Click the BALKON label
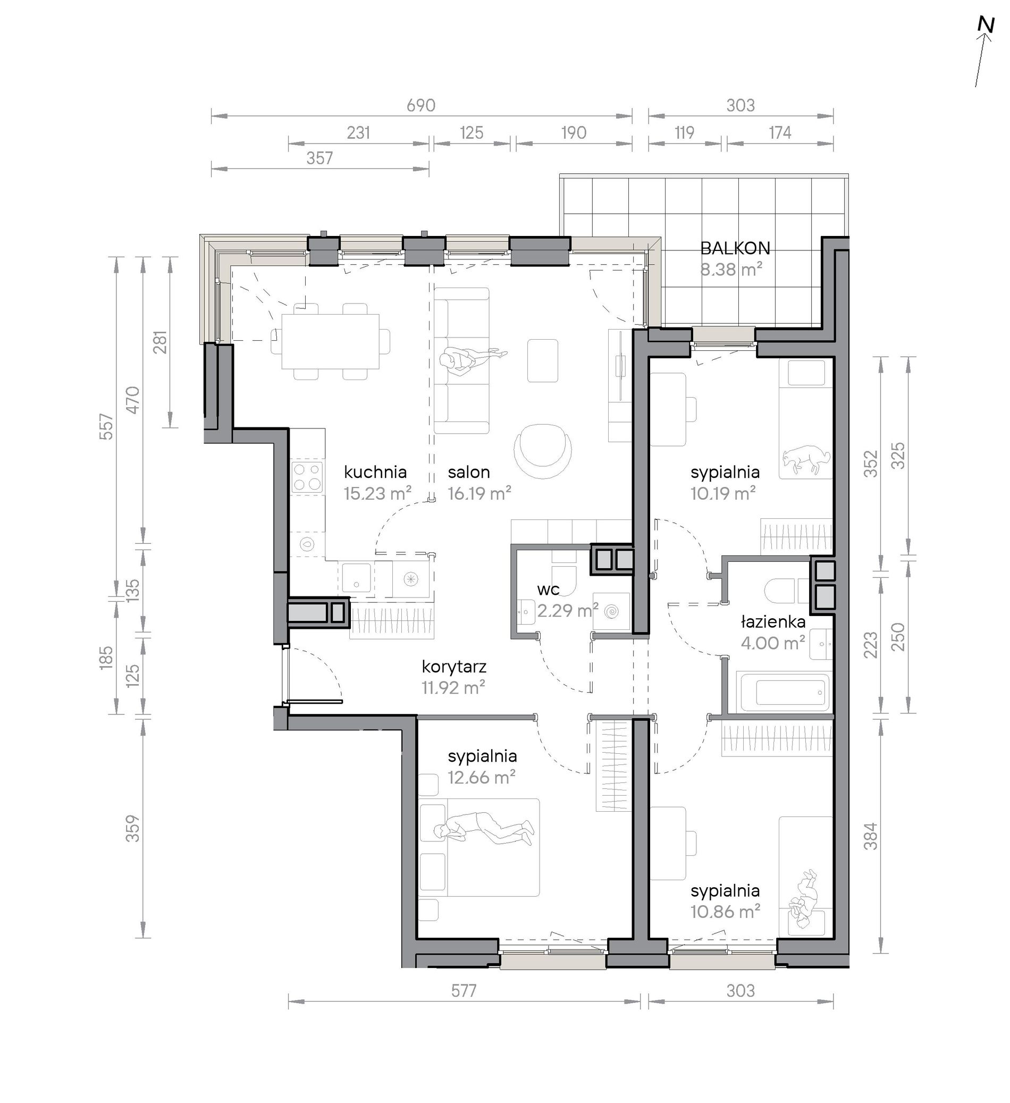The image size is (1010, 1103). pos(735,248)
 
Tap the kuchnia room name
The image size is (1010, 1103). pos(375,471)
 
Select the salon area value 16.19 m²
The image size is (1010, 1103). pos(479,493)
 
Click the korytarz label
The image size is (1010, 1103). pos(453,667)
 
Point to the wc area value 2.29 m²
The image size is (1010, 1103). pos(567,610)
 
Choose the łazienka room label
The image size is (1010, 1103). pos(773,621)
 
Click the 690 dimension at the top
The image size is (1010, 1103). pos(420,105)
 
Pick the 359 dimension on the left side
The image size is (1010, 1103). pos(133,828)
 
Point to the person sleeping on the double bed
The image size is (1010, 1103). pos(483,829)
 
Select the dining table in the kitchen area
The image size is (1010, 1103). pos(331,341)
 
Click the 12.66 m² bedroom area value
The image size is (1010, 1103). pos(482,777)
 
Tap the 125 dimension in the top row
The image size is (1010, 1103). pos(471,132)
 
